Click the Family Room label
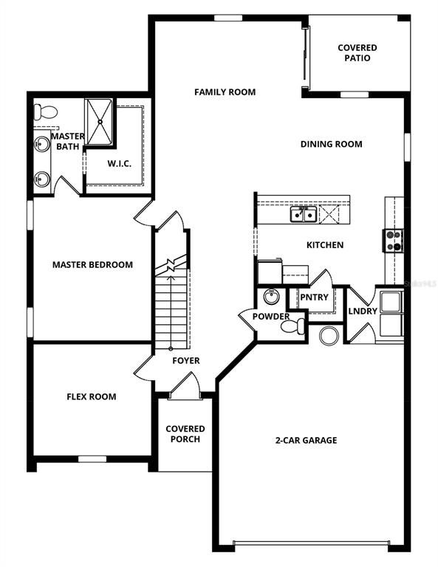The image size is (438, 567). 225,92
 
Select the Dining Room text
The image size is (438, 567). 331,144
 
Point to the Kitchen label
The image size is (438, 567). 325,245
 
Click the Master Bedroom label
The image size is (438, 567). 92,264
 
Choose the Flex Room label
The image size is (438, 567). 92,396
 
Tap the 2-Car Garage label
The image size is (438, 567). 306,440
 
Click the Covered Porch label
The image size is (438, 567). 185,434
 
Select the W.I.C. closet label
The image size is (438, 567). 119,163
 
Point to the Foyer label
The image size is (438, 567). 186,360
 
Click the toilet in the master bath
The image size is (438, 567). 46,112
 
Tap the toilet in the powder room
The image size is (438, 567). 298,325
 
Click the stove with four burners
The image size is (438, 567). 394,239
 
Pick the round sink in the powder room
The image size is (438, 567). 270,297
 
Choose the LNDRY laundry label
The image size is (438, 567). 363,311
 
